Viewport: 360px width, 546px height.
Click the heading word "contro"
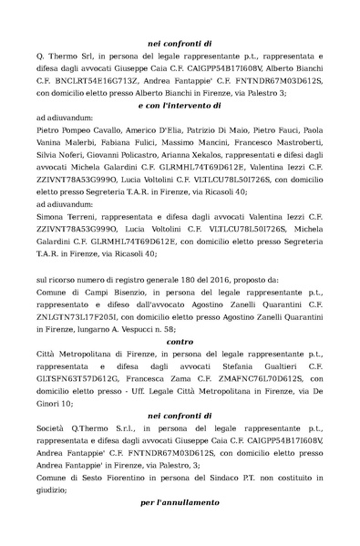pyautogui.click(x=180, y=343)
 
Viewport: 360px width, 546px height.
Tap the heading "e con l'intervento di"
pyautogui.click(x=180, y=106)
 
